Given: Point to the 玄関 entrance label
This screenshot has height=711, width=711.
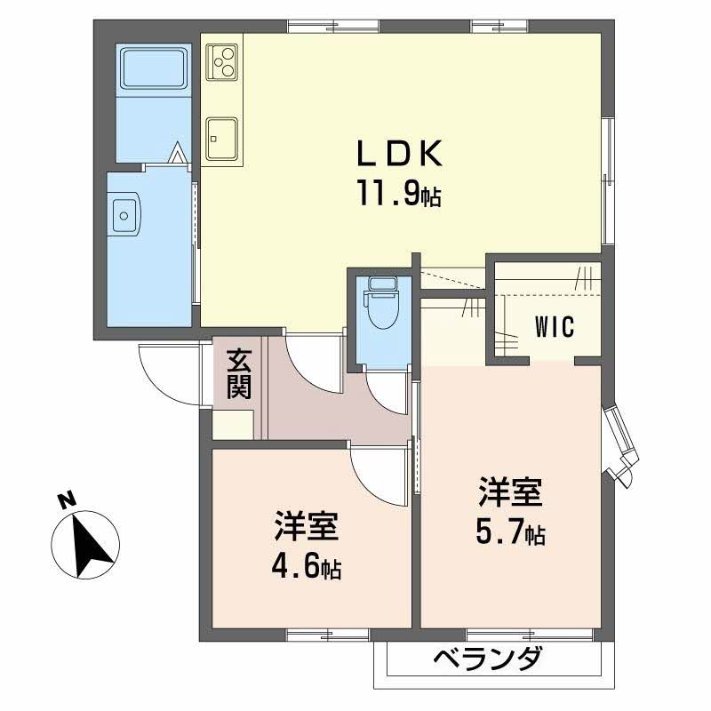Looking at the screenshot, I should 238,373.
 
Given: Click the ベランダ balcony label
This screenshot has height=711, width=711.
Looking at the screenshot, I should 488,661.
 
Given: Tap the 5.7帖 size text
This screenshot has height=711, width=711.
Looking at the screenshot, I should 509,534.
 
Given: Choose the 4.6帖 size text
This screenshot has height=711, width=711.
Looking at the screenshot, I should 305,567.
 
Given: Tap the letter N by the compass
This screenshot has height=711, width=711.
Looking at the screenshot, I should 64,500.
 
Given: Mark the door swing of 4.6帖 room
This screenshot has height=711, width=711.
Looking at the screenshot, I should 378,471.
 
